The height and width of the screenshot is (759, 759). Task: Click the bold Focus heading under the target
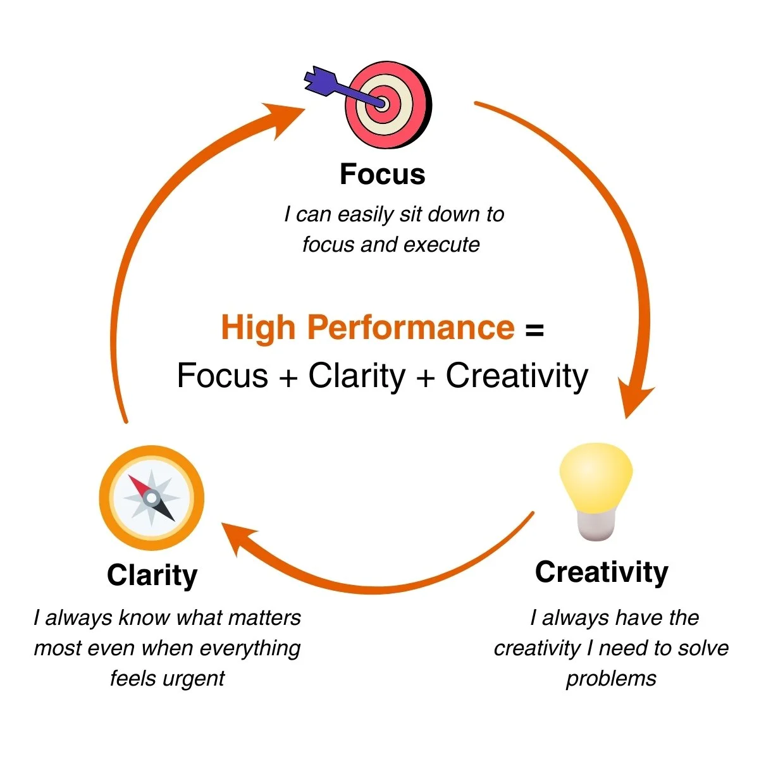[382, 174]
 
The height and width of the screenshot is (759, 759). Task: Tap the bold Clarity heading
[152, 576]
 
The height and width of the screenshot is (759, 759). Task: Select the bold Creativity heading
[601, 572]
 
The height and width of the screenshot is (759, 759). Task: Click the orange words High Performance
[367, 328]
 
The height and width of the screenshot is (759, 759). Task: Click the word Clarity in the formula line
[357, 376]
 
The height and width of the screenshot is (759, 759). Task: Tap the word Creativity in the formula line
[517, 376]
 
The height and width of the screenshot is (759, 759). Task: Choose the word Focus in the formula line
[223, 376]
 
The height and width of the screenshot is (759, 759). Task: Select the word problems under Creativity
[611, 678]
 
